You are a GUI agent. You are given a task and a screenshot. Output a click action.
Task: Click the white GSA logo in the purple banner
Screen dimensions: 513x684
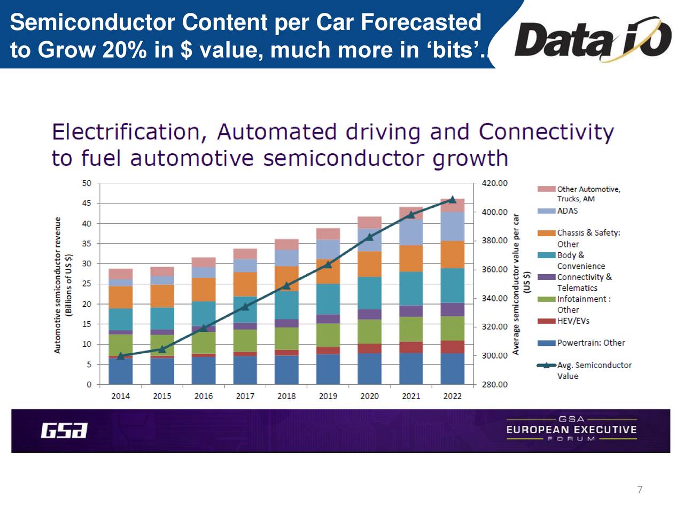click(64, 431)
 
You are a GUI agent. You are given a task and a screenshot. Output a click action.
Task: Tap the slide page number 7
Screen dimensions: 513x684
click(640, 489)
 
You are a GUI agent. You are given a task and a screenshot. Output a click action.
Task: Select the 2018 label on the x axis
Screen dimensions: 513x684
click(286, 396)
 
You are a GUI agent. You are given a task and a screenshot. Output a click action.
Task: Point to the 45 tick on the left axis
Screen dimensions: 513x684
click(87, 203)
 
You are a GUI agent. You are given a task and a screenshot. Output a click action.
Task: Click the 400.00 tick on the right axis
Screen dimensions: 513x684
click(494, 212)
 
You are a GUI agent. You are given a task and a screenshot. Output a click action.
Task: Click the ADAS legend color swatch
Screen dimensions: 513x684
click(546, 211)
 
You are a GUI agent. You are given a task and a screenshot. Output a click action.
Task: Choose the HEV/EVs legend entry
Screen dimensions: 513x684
click(573, 321)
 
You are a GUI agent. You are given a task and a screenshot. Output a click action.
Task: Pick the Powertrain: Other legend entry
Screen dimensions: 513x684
click(590, 343)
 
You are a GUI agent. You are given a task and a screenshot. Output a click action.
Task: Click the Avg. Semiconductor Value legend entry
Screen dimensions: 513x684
click(594, 370)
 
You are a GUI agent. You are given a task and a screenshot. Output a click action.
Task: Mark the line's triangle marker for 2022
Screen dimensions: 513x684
click(453, 199)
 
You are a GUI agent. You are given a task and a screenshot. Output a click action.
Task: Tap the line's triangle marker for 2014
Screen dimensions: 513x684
click(120, 356)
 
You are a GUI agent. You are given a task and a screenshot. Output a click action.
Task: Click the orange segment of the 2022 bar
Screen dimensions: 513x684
click(452, 254)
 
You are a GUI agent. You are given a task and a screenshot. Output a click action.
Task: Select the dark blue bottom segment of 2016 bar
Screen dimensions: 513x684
click(204, 370)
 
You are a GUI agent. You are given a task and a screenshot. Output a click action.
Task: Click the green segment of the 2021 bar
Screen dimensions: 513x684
click(411, 329)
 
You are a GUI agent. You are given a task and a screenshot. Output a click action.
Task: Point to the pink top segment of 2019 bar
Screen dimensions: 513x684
click(328, 234)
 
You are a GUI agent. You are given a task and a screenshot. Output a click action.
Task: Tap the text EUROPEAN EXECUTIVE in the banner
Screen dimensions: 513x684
click(571, 430)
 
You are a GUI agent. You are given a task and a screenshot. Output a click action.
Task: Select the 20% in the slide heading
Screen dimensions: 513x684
click(124, 50)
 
